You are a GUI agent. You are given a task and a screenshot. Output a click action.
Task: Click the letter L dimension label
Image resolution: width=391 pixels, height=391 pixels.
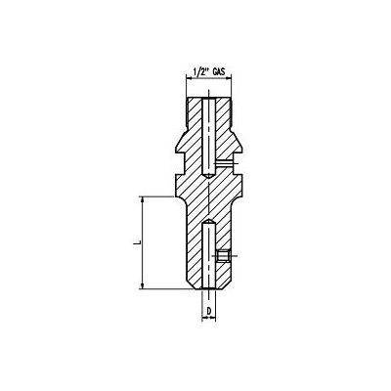click(x=137, y=240)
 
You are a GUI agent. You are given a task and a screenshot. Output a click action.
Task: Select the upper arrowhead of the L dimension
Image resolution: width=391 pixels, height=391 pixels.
click(x=145, y=199)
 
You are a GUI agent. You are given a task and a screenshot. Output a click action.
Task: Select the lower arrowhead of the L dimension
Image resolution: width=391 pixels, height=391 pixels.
click(x=145, y=284)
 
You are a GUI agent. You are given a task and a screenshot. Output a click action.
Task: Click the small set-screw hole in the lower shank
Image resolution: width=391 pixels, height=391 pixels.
click(x=222, y=256)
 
